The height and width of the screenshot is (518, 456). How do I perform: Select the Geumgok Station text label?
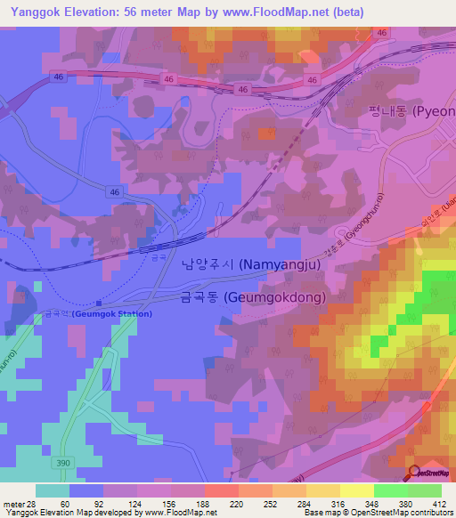click(x=98, y=314)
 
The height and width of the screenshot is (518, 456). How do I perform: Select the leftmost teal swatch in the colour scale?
click(x=53, y=490)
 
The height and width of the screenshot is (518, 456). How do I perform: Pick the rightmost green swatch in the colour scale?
click(x=424, y=490)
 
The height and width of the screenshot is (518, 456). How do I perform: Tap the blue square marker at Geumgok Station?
click(x=98, y=303)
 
